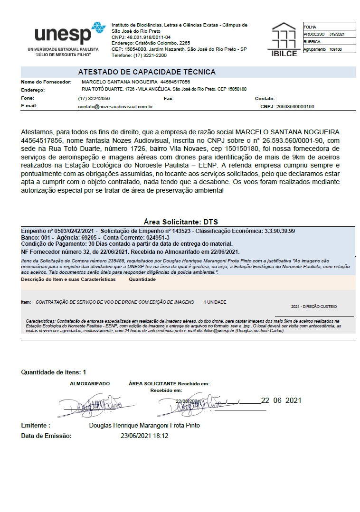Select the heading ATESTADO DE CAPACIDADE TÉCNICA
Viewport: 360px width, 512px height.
[147, 72]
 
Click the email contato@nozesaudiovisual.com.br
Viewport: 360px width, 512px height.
[115, 107]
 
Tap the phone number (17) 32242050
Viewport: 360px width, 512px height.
[94, 99]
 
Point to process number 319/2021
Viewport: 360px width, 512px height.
[336, 34]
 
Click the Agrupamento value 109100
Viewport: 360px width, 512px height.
[335, 49]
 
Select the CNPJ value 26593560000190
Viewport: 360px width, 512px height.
[295, 107]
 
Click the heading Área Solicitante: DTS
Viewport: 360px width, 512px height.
[180, 222]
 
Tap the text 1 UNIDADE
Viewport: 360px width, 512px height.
[215, 302]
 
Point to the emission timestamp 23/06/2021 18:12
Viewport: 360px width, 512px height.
[144, 436]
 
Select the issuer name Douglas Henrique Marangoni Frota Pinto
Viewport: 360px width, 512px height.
[144, 425]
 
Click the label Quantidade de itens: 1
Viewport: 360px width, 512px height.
[54, 372]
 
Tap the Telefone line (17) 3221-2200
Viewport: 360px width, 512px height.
[139, 55]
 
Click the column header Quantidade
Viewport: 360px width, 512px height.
[142, 280]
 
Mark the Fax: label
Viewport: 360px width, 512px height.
[169, 99]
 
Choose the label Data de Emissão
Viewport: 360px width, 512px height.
[46, 436]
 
